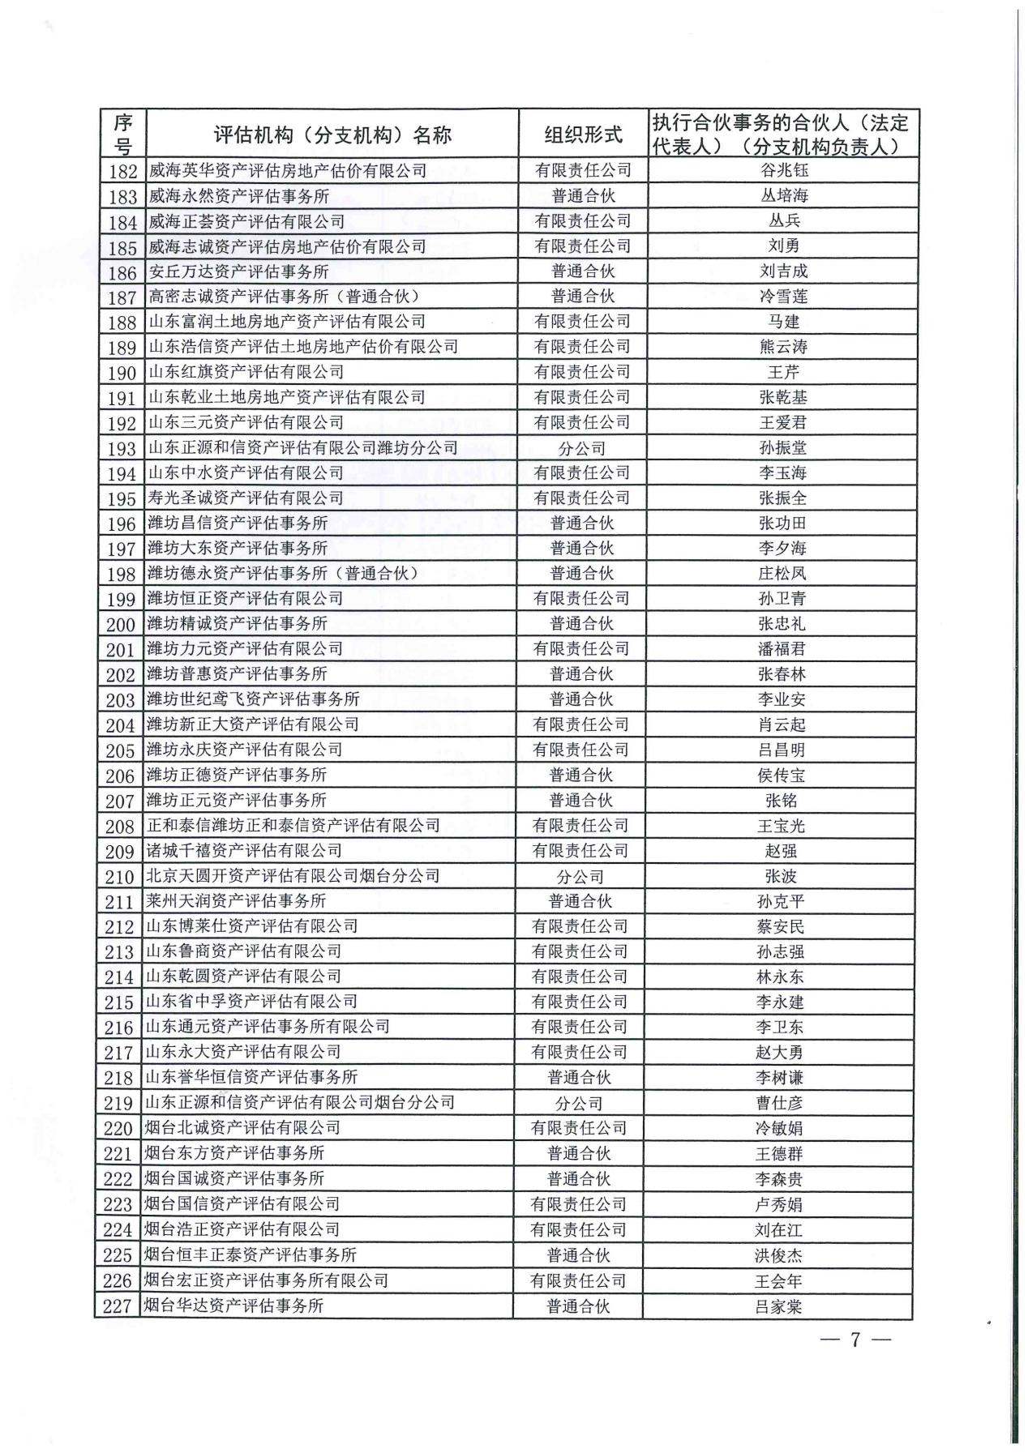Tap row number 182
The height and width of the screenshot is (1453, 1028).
(x=122, y=171)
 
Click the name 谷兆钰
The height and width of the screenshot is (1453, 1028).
(x=784, y=170)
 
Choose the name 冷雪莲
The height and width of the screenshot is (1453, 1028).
(x=784, y=297)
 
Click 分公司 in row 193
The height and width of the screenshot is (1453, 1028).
(x=582, y=448)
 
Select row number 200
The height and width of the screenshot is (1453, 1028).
(x=121, y=625)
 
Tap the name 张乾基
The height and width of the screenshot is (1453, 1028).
(x=783, y=397)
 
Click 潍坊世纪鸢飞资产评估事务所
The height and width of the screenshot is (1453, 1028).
(x=253, y=699)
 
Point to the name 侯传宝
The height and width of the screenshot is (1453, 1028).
(x=782, y=776)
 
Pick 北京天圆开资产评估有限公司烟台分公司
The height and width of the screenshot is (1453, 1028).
(x=293, y=876)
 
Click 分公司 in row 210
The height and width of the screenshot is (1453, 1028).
(x=580, y=877)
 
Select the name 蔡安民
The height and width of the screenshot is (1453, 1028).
(x=781, y=926)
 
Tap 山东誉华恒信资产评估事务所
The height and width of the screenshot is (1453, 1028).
(x=251, y=1077)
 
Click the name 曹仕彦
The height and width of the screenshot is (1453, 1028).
(x=780, y=1103)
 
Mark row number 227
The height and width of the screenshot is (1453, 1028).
(x=118, y=1306)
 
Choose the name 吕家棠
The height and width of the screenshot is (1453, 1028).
(x=779, y=1306)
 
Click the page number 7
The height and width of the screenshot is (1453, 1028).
(x=855, y=1340)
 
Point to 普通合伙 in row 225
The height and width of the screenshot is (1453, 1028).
(x=578, y=1255)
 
